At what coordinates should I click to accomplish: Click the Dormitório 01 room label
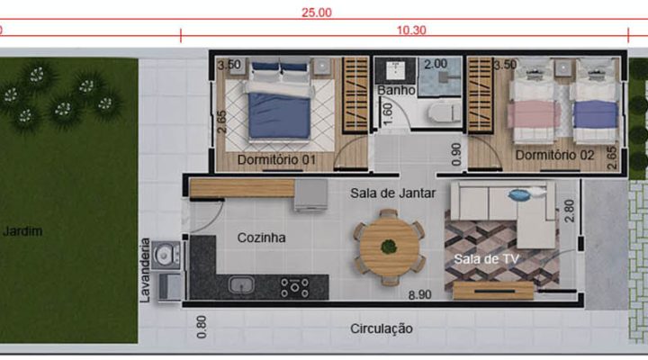coord(276,159)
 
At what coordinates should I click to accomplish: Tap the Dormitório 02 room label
coord(554,155)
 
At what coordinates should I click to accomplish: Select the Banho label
coord(396,90)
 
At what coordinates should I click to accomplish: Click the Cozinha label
coord(261,238)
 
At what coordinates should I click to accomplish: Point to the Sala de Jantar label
coord(393,193)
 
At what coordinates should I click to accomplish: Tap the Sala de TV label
coord(486,259)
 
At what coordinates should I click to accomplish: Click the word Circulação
coord(382,328)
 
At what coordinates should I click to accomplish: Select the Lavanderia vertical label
coord(145,270)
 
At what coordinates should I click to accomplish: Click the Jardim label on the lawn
coord(22,231)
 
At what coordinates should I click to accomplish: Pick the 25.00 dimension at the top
coord(317,13)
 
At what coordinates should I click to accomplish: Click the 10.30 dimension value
coord(411,31)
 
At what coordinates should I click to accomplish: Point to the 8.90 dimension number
coord(420,295)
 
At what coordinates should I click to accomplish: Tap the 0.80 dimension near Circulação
coord(202,327)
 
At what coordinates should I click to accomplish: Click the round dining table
coord(390,247)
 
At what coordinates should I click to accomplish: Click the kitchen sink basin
coord(241,284)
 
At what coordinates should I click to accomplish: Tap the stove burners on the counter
coord(294,287)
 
